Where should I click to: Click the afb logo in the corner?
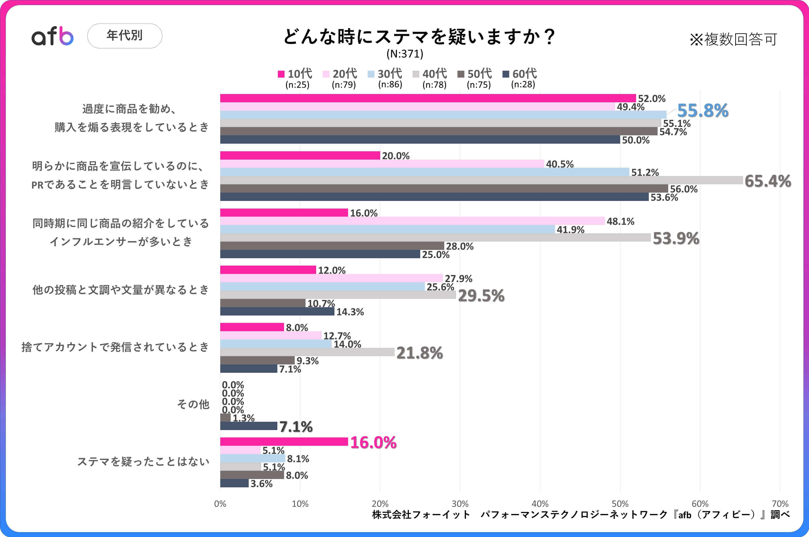click(x=52, y=36)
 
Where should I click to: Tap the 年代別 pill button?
click(x=125, y=36)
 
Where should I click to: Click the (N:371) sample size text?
click(x=405, y=54)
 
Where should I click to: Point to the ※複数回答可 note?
click(x=733, y=39)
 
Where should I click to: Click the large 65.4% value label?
click(x=768, y=181)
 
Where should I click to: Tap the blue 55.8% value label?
click(x=703, y=111)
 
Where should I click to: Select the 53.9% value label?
click(x=676, y=238)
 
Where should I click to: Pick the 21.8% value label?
click(x=419, y=353)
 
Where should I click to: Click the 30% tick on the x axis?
click(x=460, y=504)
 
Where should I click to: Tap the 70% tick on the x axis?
click(x=780, y=504)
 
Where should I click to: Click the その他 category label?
click(x=193, y=404)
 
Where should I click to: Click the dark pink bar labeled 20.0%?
click(x=300, y=155)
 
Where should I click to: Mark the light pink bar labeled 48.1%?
click(x=412, y=221)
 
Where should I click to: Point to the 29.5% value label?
click(x=481, y=296)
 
